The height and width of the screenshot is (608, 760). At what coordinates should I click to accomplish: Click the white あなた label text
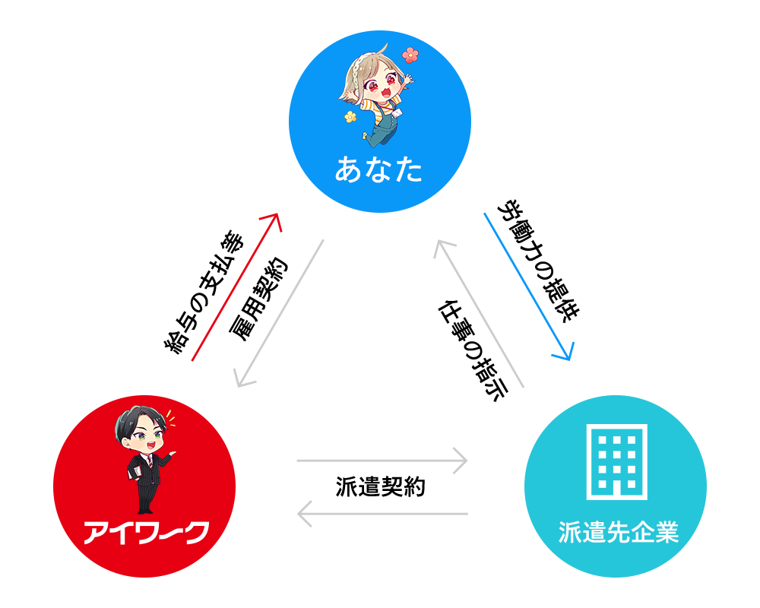(378, 170)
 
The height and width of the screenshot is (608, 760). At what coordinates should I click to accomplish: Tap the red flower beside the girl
(410, 55)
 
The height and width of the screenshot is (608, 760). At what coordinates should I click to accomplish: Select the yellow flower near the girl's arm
(350, 117)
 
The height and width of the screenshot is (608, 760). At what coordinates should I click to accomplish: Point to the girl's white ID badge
(397, 114)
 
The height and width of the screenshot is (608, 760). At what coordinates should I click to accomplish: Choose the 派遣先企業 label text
(617, 533)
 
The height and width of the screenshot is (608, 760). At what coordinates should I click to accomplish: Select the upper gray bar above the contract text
(382, 461)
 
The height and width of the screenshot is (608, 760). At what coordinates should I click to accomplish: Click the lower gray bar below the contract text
(382, 514)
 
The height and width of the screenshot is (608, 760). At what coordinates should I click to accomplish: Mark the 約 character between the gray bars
(414, 487)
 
